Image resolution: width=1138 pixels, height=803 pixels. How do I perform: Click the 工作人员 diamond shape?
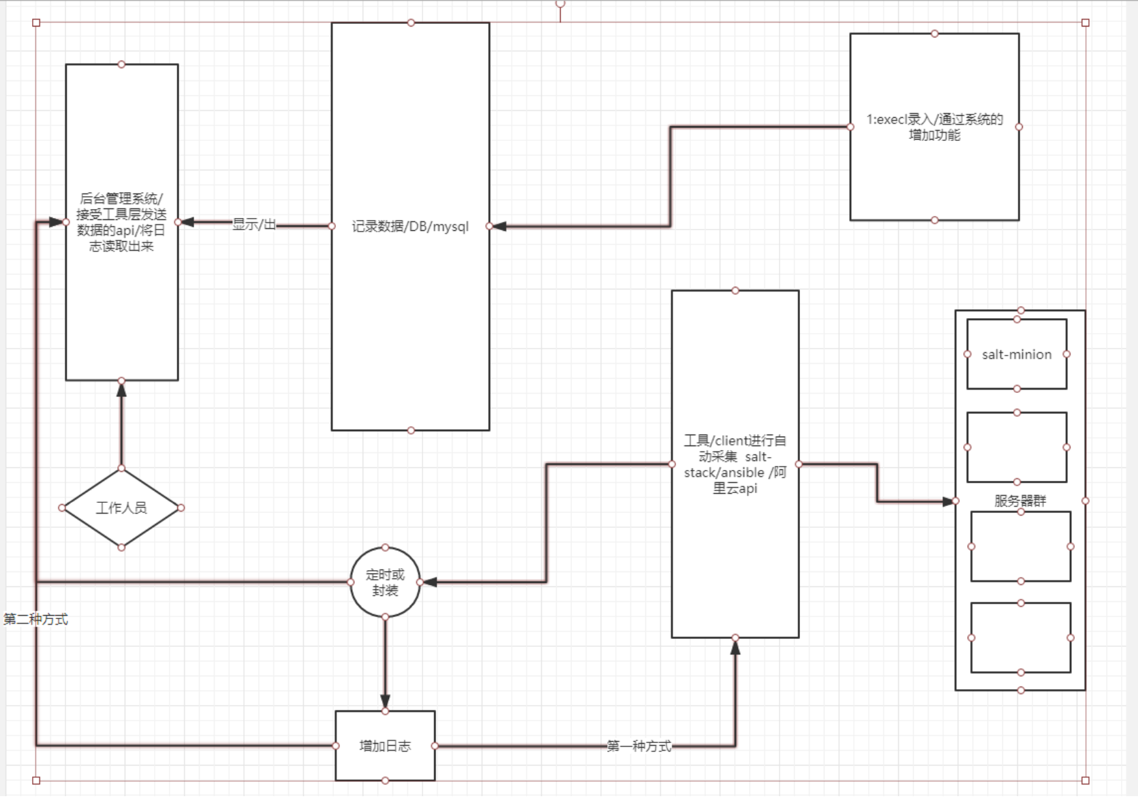click(x=121, y=507)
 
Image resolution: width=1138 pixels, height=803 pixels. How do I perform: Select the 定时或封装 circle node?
click(x=385, y=582)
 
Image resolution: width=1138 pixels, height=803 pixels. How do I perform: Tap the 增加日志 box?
click(x=385, y=746)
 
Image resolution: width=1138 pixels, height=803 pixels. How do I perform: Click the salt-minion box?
click(x=1017, y=354)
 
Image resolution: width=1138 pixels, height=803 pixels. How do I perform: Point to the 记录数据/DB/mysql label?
click(x=410, y=226)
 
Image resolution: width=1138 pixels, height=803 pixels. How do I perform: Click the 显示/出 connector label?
click(x=254, y=224)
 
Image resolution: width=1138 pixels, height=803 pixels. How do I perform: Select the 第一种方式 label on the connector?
click(x=639, y=746)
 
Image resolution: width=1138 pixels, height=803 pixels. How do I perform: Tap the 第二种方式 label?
click(x=36, y=619)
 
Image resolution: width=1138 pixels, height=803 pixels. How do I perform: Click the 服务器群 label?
click(x=1019, y=501)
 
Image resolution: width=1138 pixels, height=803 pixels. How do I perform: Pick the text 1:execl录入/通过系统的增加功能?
click(x=934, y=127)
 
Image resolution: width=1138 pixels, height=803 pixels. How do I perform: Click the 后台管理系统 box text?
click(x=121, y=222)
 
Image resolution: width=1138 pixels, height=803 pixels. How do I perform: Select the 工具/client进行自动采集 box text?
click(x=735, y=464)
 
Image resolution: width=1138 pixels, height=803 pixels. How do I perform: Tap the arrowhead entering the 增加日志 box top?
click(x=385, y=701)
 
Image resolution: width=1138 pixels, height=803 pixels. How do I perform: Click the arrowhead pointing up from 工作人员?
click(x=121, y=390)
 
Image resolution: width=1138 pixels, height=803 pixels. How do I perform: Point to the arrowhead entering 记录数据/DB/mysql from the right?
click(x=499, y=226)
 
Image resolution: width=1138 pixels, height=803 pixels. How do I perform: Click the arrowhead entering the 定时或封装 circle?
click(x=430, y=582)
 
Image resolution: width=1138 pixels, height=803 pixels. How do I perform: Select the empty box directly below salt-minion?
click(x=1017, y=447)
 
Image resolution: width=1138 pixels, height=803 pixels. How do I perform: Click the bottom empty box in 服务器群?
click(x=1020, y=637)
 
